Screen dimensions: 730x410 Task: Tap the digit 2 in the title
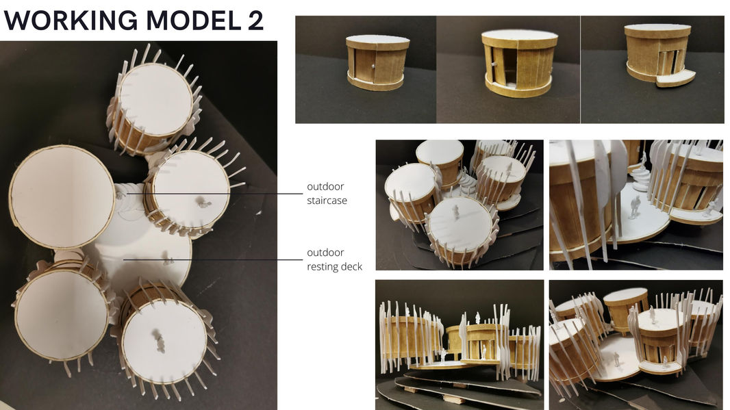[x=255, y=21]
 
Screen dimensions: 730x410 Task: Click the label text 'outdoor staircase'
[x=327, y=194]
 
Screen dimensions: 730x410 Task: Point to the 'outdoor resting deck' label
[x=334, y=259]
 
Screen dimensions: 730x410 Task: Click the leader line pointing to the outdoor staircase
[x=214, y=194]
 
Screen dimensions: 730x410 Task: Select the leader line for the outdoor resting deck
[x=213, y=259]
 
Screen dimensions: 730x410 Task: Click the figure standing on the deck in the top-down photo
[x=166, y=258]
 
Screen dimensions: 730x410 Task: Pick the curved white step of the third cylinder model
[x=675, y=79]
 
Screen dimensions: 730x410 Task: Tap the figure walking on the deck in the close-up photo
[x=635, y=207]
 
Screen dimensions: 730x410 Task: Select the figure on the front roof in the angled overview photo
[x=455, y=212]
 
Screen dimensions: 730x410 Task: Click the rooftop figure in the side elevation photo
[x=477, y=318]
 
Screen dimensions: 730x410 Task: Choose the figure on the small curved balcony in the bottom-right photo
[x=666, y=361]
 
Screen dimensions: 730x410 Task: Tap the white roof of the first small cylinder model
[x=377, y=39]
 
